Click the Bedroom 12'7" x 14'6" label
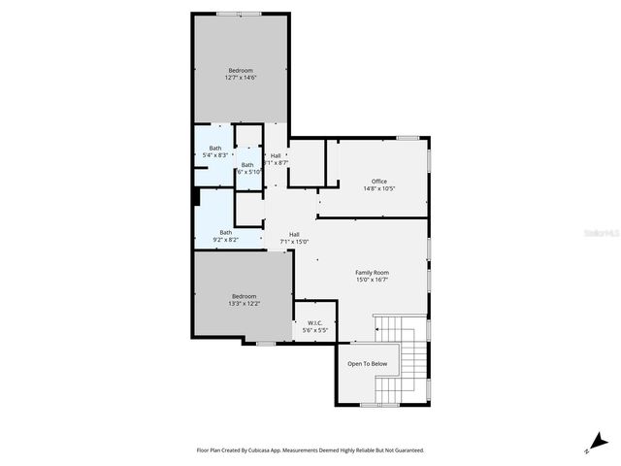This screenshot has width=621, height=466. (x=241, y=74)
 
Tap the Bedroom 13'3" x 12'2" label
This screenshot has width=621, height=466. (x=244, y=299)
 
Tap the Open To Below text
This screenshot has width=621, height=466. (x=368, y=364)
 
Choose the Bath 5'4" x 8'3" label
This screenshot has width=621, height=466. (x=214, y=151)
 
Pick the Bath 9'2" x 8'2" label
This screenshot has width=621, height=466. (x=225, y=235)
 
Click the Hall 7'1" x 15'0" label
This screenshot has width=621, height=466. (x=294, y=238)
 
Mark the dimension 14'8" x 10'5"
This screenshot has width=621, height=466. (x=379, y=188)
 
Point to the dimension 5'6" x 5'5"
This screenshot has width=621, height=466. (x=314, y=330)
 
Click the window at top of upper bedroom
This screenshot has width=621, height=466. (x=239, y=14)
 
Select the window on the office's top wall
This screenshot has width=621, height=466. (x=408, y=138)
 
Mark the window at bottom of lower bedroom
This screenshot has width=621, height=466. (x=265, y=343)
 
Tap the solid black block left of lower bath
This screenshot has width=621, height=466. (x=196, y=197)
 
